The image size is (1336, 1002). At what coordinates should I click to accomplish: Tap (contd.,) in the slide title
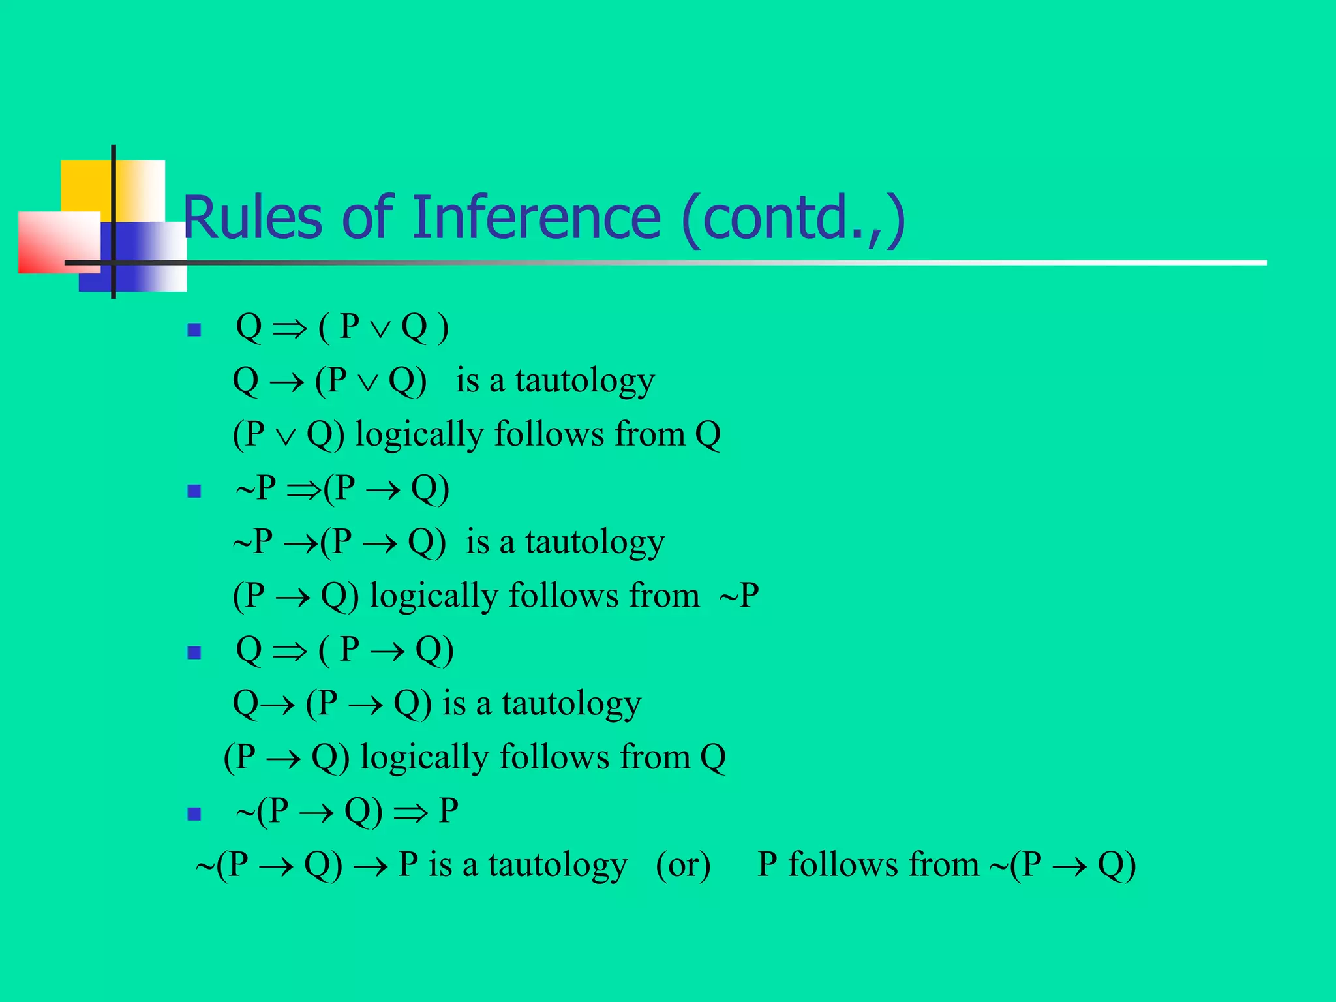(x=793, y=219)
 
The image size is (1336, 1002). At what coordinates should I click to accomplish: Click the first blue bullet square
(x=194, y=329)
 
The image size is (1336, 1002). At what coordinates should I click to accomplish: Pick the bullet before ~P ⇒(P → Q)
(x=194, y=491)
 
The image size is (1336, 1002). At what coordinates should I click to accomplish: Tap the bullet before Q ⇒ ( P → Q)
(x=194, y=652)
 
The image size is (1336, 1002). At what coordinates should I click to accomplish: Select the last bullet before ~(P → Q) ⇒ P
(x=194, y=813)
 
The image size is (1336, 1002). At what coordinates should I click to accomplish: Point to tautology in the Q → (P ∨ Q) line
(x=584, y=381)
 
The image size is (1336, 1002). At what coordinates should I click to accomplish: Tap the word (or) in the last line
(x=683, y=865)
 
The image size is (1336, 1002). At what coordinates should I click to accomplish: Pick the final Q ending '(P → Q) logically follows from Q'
(x=712, y=758)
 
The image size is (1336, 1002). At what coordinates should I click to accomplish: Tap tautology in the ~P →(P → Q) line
(x=595, y=543)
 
